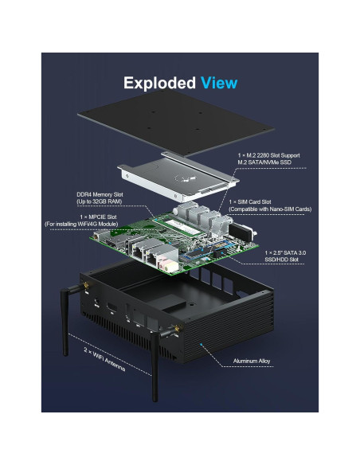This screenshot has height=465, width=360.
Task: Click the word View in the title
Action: [218, 83]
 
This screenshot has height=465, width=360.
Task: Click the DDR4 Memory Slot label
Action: [99, 195]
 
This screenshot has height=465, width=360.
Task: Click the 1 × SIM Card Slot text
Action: [254, 202]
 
